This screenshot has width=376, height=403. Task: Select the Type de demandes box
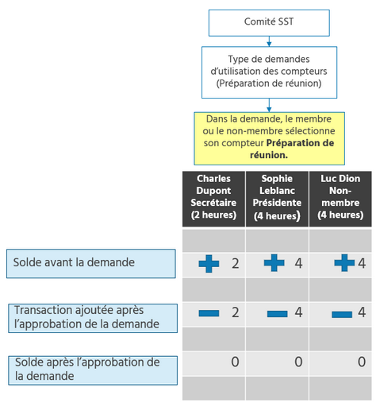(269, 71)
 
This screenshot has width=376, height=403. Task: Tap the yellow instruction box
(269, 137)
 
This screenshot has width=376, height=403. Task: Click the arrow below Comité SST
(269, 41)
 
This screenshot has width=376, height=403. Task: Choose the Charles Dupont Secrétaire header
(213, 196)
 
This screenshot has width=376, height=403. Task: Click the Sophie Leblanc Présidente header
(277, 196)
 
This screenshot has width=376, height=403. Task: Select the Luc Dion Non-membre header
(340, 196)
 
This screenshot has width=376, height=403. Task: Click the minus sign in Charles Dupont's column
(209, 314)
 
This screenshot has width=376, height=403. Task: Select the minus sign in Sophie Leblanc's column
(277, 314)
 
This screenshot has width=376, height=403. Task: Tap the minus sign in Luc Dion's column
(342, 314)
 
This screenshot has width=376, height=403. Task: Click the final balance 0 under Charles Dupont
(235, 362)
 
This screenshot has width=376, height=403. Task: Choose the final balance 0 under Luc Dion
(361, 362)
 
